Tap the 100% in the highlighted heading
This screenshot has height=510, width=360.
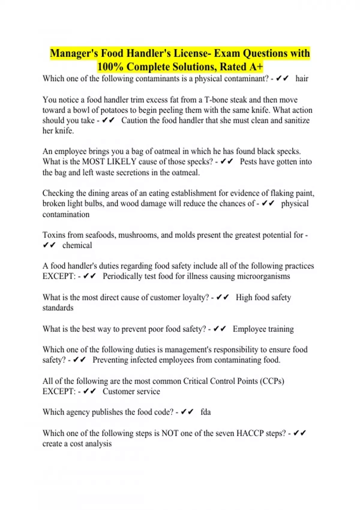point(110,67)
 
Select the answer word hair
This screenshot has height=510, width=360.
point(302,79)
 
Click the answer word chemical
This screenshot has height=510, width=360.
point(77,245)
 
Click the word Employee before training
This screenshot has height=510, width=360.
point(249,329)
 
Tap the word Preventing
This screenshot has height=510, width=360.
point(110,360)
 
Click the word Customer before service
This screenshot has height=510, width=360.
point(116,391)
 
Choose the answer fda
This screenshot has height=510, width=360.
point(205,412)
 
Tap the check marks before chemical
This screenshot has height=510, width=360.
point(49,245)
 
